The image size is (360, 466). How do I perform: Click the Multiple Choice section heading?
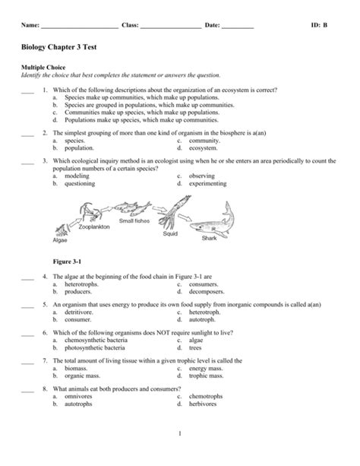coord(43,68)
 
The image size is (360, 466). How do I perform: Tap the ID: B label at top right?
coord(319,25)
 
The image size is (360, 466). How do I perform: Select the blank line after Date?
coord(238,27)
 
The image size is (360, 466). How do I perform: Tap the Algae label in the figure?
coord(60,240)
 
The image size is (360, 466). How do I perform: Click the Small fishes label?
coord(134,220)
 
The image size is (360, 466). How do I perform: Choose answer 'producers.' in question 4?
coord(78,291)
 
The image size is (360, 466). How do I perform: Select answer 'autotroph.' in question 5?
coord(204,320)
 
